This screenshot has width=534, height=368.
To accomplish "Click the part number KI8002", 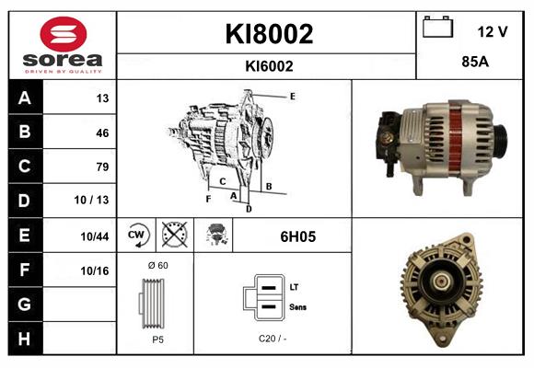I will (269, 34).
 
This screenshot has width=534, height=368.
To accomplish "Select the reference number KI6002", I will (269, 65).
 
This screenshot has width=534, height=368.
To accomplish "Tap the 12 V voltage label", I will (493, 31).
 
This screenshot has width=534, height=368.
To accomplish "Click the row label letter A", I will (25, 98).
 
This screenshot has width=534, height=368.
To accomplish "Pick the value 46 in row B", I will (102, 132).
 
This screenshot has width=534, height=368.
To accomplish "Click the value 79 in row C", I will (102, 167).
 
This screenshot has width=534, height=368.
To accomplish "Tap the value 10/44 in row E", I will (96, 236).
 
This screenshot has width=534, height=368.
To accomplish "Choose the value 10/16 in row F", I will (96, 270).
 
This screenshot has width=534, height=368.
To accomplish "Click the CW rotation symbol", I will (136, 236).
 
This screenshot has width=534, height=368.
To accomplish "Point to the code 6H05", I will (298, 236).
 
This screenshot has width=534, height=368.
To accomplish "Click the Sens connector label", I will (298, 306).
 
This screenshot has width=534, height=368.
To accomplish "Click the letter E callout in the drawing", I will (293, 96).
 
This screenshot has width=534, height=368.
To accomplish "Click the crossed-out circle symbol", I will (173, 236).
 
